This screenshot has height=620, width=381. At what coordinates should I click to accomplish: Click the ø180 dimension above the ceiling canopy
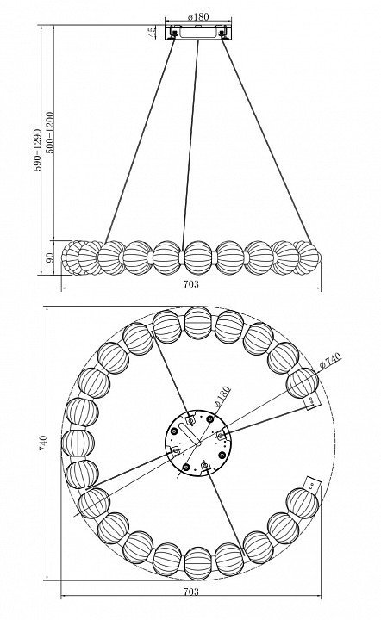pyautogui.click(x=198, y=17)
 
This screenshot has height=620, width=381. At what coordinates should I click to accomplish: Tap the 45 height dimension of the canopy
pyautogui.click(x=152, y=33)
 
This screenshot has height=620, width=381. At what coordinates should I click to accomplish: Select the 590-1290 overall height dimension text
pyautogui.click(x=37, y=150)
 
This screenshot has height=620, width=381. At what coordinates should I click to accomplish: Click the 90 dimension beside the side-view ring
pyautogui.click(x=50, y=257)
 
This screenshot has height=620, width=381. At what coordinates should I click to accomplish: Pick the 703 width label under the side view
pyautogui.click(x=191, y=284)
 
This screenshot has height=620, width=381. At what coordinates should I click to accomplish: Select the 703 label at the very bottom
pyautogui.click(x=191, y=592)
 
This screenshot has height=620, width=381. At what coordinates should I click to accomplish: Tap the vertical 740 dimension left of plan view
pyautogui.click(x=43, y=443)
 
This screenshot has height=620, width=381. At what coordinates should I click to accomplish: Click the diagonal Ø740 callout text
pyautogui.click(x=329, y=361)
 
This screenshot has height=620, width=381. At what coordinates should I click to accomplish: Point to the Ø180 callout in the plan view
pyautogui.click(x=222, y=397)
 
